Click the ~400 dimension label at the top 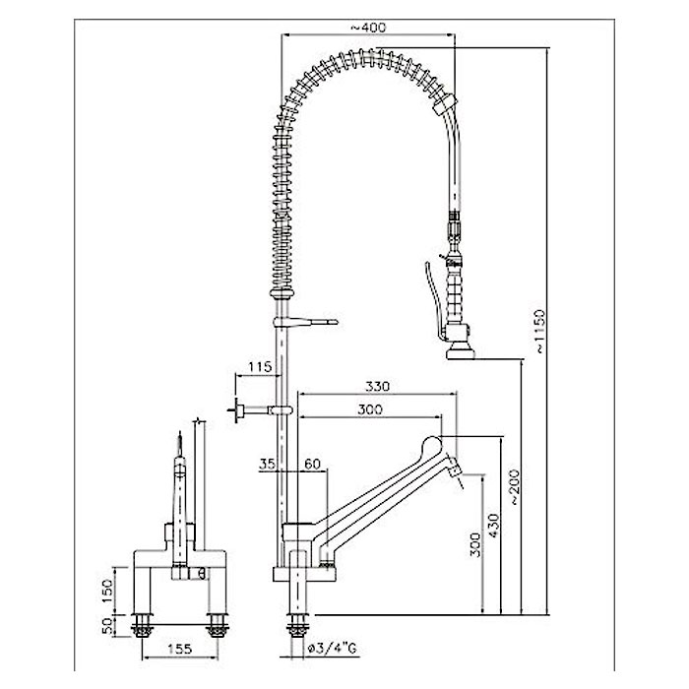pyautogui.click(x=368, y=28)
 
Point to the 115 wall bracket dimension pyautogui.click(x=259, y=366)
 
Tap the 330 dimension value pyautogui.click(x=377, y=386)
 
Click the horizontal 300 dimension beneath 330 pyautogui.click(x=370, y=410)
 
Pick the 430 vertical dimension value pyautogui.click(x=494, y=528)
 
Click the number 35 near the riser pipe pyautogui.click(x=267, y=464)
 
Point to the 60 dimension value pyautogui.click(x=312, y=464)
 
